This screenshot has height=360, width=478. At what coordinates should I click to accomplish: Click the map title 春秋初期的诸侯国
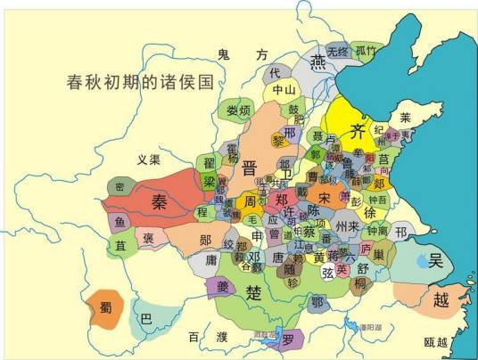tap(142, 84)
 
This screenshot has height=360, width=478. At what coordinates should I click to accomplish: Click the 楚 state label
tap(254, 292)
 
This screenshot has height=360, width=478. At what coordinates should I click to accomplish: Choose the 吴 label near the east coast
tap(436, 260)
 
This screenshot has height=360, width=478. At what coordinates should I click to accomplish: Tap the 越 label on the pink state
tap(441, 300)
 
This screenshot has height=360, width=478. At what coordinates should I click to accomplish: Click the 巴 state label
tap(147, 317)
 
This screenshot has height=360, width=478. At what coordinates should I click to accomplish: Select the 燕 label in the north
tap(317, 60)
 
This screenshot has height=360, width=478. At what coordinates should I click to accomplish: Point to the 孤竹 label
tap(367, 51)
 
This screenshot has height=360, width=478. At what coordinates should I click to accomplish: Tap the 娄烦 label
tap(237, 110)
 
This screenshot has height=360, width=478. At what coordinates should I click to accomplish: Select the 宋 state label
tap(325, 196)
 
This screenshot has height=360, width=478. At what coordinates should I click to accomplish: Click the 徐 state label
tap(370, 214)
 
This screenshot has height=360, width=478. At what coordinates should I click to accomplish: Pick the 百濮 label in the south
tap(208, 337)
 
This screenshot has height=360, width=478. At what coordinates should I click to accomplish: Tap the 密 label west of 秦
tap(119, 187)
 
